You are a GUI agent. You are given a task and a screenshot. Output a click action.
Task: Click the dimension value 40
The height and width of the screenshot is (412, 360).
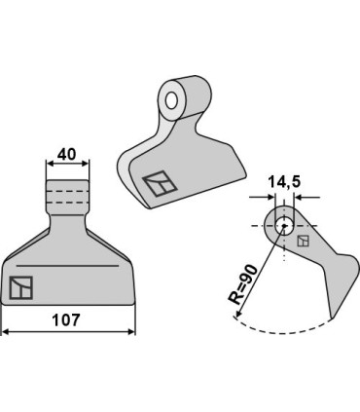pos(66,154)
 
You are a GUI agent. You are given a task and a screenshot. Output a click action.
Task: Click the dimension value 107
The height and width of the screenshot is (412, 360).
pos(66,320)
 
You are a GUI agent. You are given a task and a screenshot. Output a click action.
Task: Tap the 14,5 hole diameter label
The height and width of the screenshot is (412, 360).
pos(284,182)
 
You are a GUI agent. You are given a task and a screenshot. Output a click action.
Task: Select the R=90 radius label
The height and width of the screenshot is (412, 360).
pos(243,284)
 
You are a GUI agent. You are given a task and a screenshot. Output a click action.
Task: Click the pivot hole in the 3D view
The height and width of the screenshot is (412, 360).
pos(171,100)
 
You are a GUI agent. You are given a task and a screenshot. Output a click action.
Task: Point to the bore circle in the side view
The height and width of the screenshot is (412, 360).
pos(284,226)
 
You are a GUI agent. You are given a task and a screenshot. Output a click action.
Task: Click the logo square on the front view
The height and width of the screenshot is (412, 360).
pos(21,287)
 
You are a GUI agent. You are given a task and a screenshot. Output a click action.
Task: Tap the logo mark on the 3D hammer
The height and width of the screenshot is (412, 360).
pos(160,183)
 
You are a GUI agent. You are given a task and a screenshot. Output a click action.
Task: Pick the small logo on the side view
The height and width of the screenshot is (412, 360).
pos(303,241)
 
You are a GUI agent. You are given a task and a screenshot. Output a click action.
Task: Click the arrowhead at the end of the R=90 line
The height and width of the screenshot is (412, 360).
pos(237,314)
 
